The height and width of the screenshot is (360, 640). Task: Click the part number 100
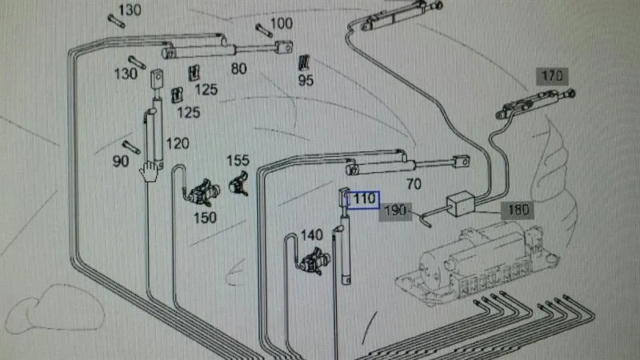click(x=282, y=23)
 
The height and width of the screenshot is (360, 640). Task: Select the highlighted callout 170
click(x=552, y=76)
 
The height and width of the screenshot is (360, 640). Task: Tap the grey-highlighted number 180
click(x=518, y=210)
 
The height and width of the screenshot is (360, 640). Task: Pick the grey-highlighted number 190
click(x=395, y=211)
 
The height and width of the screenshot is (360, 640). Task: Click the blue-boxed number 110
click(x=363, y=199)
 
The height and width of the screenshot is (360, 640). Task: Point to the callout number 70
click(x=414, y=184)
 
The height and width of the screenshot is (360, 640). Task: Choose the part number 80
click(x=238, y=69)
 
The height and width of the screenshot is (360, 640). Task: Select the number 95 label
click(x=306, y=80)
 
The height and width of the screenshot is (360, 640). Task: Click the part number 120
click(x=178, y=143)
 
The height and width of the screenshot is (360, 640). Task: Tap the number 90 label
click(x=121, y=162)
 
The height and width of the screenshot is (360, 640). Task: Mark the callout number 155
click(x=238, y=161)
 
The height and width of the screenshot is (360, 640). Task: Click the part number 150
click(x=205, y=218)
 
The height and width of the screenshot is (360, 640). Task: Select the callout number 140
click(x=311, y=235)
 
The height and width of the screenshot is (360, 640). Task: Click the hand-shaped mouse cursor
click(x=149, y=171)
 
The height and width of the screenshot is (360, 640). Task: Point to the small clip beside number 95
click(x=304, y=63)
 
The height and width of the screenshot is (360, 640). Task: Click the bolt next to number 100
click(x=264, y=30)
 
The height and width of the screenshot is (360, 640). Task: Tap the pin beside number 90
click(x=131, y=147)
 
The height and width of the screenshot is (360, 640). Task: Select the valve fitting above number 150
click(x=204, y=192)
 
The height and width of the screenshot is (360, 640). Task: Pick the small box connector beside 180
click(x=461, y=203)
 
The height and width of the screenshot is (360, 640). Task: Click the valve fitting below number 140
click(x=314, y=262)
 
